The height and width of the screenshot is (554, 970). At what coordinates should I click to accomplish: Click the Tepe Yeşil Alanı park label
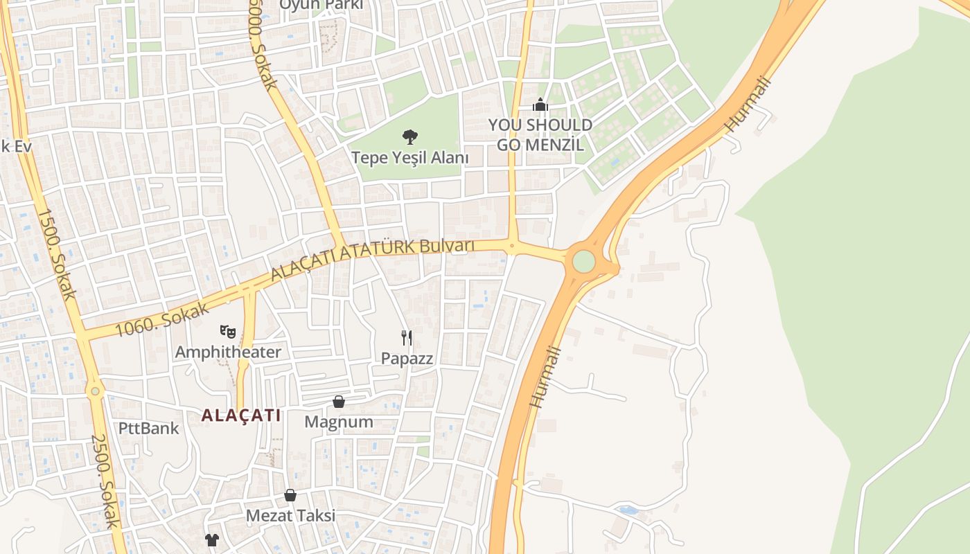coord(410,158)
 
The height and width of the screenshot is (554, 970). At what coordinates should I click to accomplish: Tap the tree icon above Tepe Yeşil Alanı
coord(410,136)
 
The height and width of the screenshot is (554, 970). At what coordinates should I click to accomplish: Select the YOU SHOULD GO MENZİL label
coord(540,135)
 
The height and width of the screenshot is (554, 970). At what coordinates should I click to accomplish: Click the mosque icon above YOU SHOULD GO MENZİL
coord(540,105)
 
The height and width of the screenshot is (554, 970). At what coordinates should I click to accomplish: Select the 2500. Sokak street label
coord(105,481)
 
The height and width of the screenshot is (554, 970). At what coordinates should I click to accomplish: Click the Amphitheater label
coord(228,352)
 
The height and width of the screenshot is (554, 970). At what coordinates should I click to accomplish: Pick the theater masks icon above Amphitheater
coord(227,332)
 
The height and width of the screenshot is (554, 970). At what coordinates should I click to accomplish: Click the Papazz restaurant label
coord(407,359)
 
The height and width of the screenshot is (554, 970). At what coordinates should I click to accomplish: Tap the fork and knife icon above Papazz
coord(407,338)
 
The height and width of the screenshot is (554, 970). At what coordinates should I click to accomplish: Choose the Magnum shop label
coord(339,422)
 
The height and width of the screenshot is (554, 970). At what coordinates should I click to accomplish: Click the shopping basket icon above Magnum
coord(339,402)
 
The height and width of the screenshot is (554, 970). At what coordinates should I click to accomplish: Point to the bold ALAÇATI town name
coord(241,415)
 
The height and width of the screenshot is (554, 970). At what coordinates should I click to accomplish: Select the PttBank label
coord(148,428)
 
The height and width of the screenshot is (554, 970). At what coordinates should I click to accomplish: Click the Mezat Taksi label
coord(290,516)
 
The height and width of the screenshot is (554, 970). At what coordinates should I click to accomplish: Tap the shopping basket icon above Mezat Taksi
coord(290,495)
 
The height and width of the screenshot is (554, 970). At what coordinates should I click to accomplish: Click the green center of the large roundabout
coord(583,261)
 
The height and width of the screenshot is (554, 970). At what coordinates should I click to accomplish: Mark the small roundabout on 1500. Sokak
coord(96,391)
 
